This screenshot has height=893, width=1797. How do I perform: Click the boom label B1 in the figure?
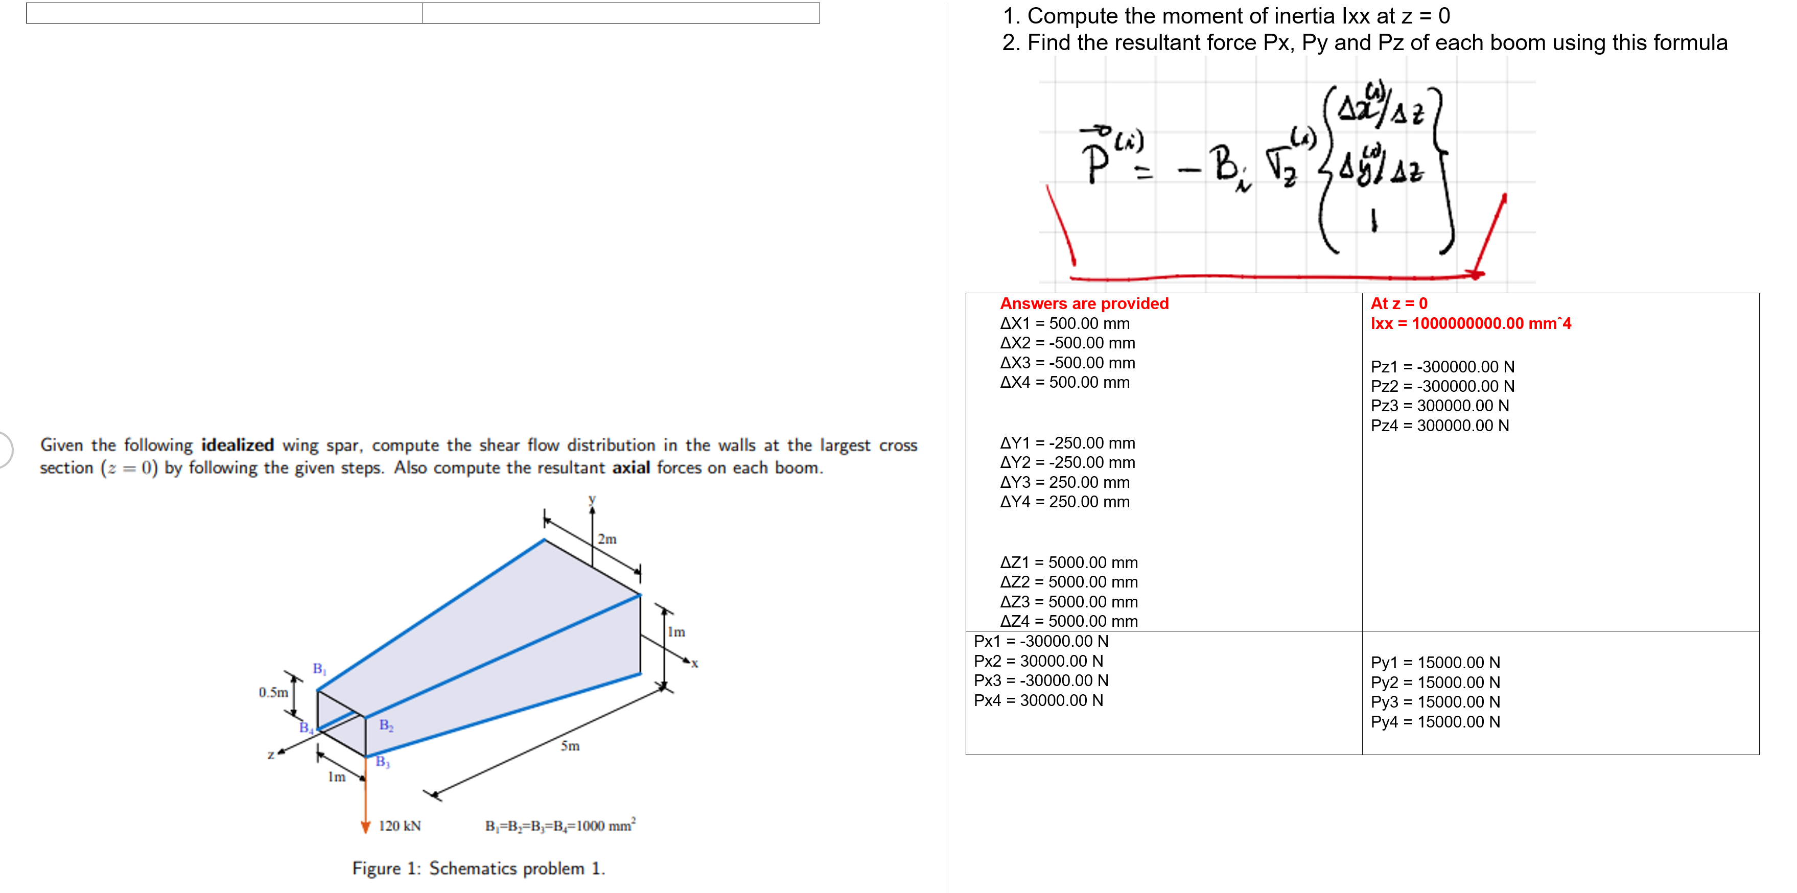point(319,668)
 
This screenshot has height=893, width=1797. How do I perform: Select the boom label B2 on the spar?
point(386,725)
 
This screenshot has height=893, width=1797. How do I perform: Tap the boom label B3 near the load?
point(382,761)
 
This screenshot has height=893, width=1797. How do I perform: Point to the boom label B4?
point(306,727)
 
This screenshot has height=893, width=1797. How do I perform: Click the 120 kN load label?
point(400,826)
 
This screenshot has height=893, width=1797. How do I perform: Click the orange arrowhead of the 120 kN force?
point(365,828)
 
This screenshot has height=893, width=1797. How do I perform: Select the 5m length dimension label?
point(570,746)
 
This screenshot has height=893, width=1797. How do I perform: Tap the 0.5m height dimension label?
point(273,692)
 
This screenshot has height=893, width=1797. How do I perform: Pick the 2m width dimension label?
point(607,538)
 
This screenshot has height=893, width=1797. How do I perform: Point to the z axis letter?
point(271,754)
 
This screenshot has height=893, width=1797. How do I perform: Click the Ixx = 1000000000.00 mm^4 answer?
point(1471,323)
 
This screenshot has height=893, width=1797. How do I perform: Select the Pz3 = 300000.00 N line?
point(1439,405)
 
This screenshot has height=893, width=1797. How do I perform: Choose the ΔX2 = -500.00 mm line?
point(1067,343)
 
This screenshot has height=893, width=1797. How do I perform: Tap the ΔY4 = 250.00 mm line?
point(1064,502)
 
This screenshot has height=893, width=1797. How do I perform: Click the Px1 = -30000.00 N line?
point(1041,641)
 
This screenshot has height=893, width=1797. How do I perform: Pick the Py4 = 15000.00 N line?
point(1435,721)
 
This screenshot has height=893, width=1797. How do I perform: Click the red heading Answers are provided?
point(1084,303)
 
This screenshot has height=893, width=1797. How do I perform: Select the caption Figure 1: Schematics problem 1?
point(479,868)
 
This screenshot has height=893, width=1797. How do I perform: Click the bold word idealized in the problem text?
point(237,445)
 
